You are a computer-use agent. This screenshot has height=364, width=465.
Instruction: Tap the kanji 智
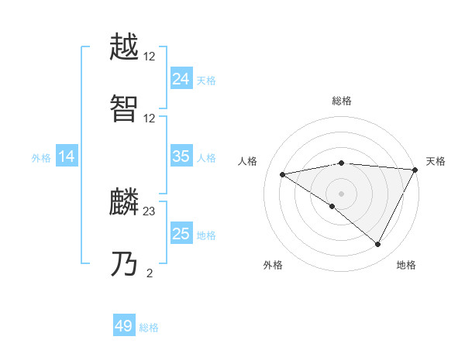point(124,109)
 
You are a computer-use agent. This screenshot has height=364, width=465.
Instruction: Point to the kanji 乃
point(124,264)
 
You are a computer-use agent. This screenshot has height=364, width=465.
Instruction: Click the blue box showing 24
point(181,79)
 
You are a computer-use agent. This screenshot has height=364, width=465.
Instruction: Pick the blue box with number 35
point(181,156)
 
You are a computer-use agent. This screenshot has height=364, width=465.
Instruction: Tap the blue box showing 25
point(181,234)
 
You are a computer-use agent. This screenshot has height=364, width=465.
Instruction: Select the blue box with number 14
point(67,157)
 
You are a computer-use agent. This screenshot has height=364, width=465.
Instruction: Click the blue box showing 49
point(124,326)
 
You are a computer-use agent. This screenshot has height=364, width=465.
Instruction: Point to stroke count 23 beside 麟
point(150,211)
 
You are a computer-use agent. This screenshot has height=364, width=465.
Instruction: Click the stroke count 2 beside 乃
point(149,273)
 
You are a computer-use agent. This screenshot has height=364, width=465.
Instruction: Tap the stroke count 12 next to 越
point(150,57)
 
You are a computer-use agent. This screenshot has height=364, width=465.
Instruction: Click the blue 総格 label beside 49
point(149,328)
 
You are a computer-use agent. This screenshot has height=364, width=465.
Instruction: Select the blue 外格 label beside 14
point(41,158)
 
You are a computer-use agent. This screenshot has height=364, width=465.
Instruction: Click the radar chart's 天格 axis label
point(436,161)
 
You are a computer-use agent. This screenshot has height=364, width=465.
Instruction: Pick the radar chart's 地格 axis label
point(406,265)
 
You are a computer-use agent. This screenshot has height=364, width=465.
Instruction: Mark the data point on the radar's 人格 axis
point(283,174)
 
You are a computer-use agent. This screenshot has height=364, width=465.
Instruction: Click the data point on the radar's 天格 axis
point(415,170)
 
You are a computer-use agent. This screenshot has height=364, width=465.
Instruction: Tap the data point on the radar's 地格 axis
point(378,245)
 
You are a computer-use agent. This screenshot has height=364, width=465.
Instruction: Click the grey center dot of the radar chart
point(341,193)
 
